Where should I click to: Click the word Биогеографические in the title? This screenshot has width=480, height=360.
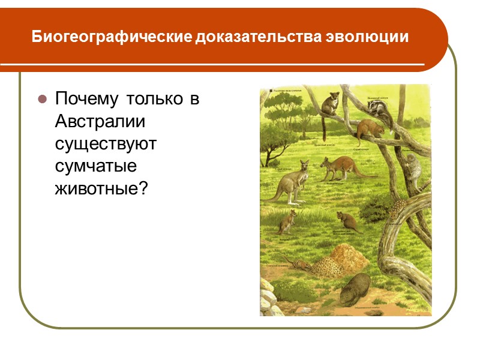point(112,38)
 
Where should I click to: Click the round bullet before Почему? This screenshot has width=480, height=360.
point(43,99)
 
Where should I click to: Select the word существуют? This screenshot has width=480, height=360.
point(106,144)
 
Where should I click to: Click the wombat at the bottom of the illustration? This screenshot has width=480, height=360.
point(357,290)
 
